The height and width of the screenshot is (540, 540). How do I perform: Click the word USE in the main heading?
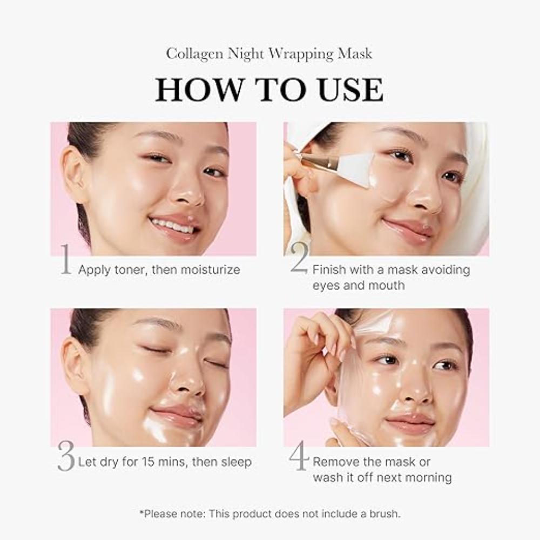pos(348,90)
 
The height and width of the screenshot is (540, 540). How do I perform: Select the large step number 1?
pos(65,260)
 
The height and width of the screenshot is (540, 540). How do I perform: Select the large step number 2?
pos(299,258)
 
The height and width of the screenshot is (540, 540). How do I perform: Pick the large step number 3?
pos(66,457)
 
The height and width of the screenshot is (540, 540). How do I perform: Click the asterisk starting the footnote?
pos(141,512)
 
